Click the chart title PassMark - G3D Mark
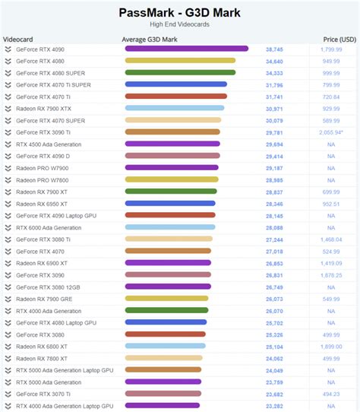(180, 12)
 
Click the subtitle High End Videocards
(180, 24)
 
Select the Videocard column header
(17, 39)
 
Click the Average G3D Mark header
(150, 39)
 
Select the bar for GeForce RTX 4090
(186, 49)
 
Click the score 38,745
(274, 49)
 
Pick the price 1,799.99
(330, 49)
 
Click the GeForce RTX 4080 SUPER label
(50, 73)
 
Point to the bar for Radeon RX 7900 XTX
(174, 109)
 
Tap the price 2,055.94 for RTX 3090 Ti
(331, 132)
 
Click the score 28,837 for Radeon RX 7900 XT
(274, 192)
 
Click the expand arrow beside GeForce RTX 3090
(8, 275)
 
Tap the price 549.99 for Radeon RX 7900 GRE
(330, 299)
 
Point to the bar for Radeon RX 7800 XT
(163, 358)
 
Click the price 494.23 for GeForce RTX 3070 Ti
(330, 394)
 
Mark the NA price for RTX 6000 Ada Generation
(331, 227)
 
